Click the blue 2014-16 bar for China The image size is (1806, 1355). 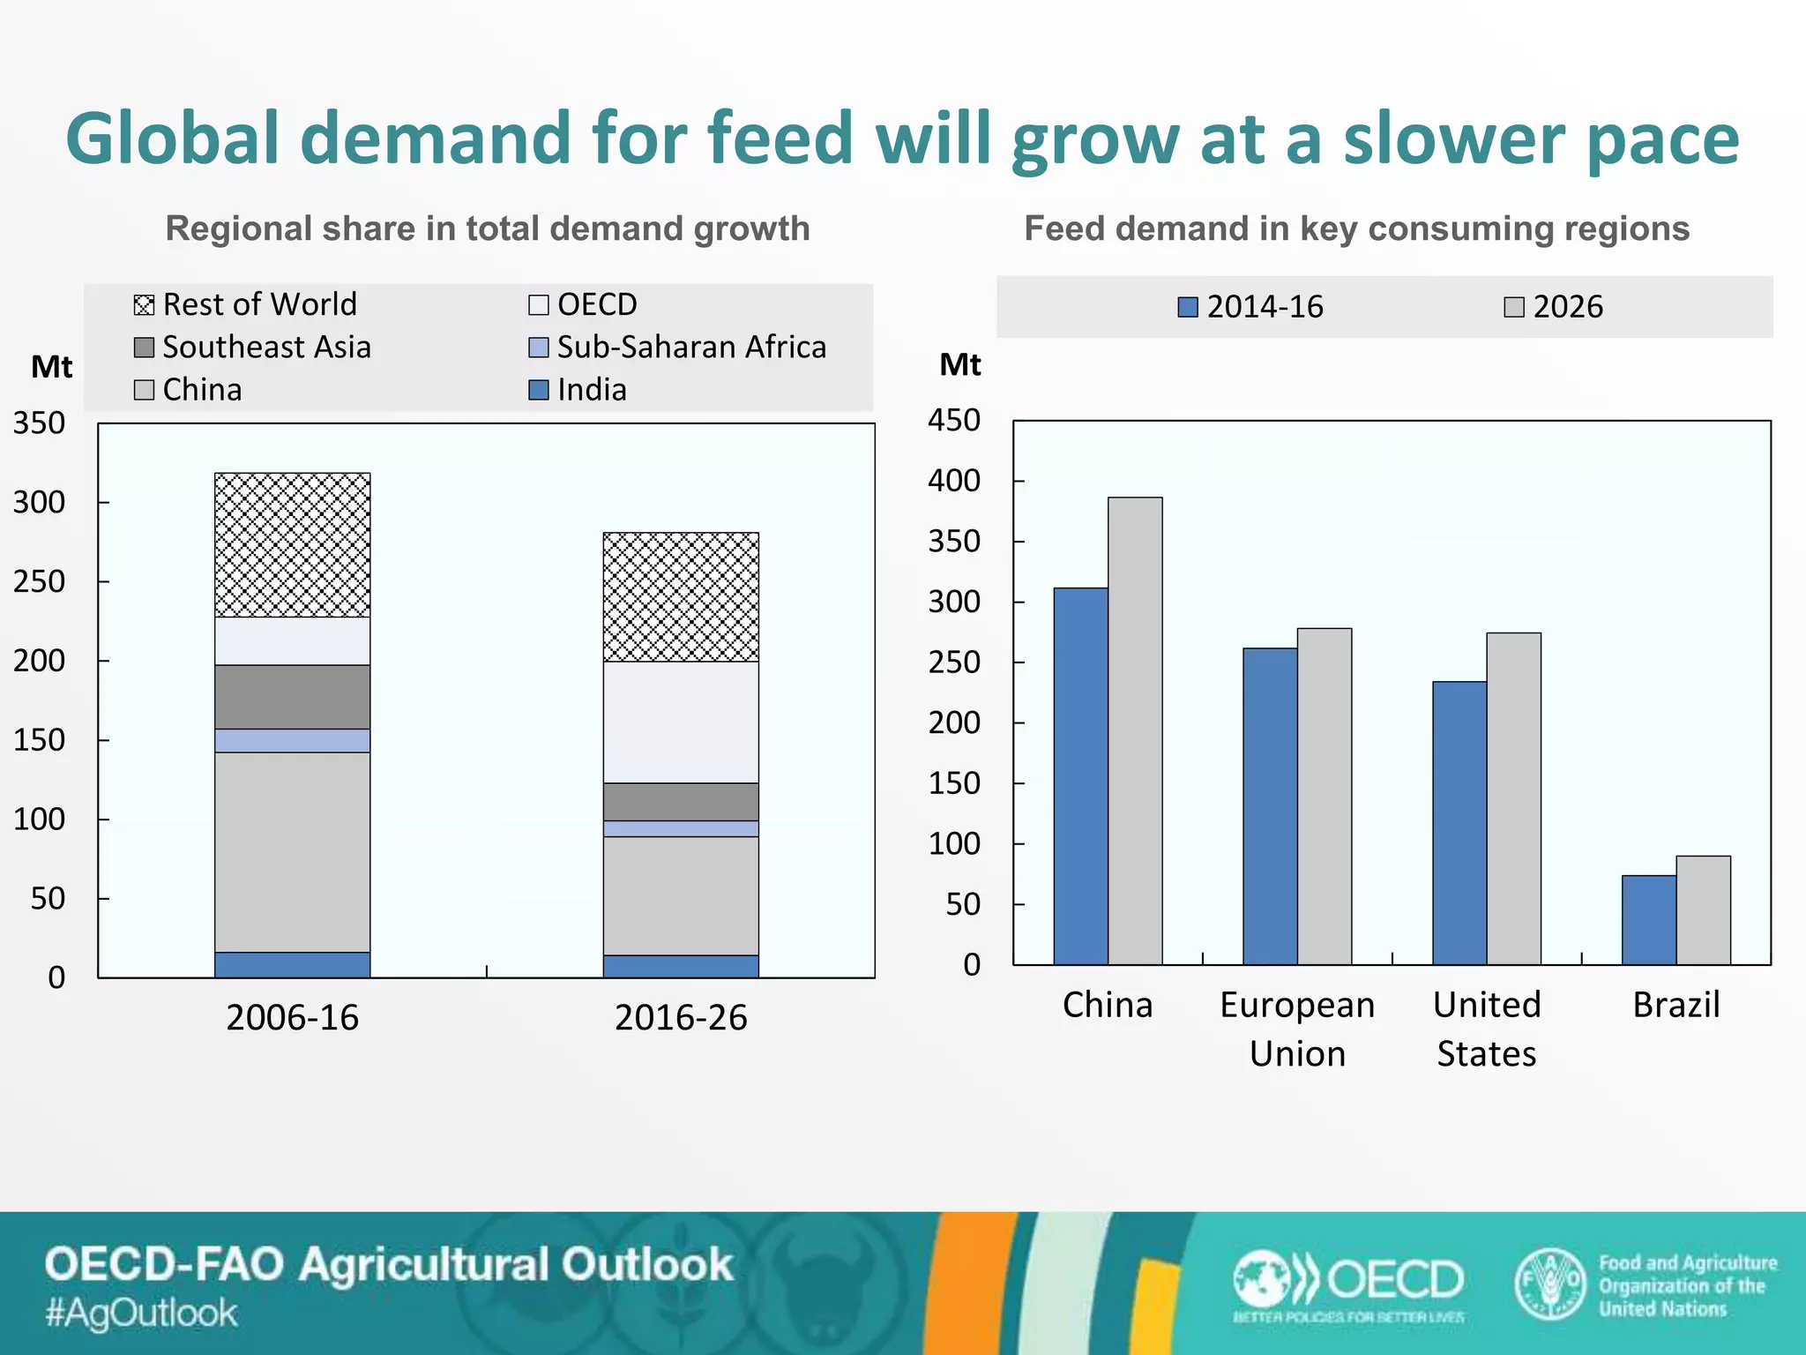(1080, 776)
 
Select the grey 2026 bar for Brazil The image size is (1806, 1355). (1703, 910)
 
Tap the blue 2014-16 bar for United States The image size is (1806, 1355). (1459, 823)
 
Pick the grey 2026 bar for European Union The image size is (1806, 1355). (1324, 797)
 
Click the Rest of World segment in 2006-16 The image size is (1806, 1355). (292, 545)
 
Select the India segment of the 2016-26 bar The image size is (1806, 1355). (681, 966)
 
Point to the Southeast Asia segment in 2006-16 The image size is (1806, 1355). (292, 697)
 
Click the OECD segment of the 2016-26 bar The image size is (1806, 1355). (681, 722)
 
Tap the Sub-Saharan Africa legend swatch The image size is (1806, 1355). (538, 347)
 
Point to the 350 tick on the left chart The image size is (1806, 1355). (39, 423)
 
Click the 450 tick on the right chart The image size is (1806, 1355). (953, 420)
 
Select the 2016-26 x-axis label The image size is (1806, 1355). (681, 1018)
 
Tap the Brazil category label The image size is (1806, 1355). (1675, 1005)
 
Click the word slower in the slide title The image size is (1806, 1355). (1453, 139)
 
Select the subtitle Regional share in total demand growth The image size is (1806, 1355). (488, 228)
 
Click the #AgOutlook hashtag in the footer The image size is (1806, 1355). (141, 1313)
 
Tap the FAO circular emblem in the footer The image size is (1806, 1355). (1549, 1284)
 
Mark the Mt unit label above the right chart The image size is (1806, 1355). (959, 364)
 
